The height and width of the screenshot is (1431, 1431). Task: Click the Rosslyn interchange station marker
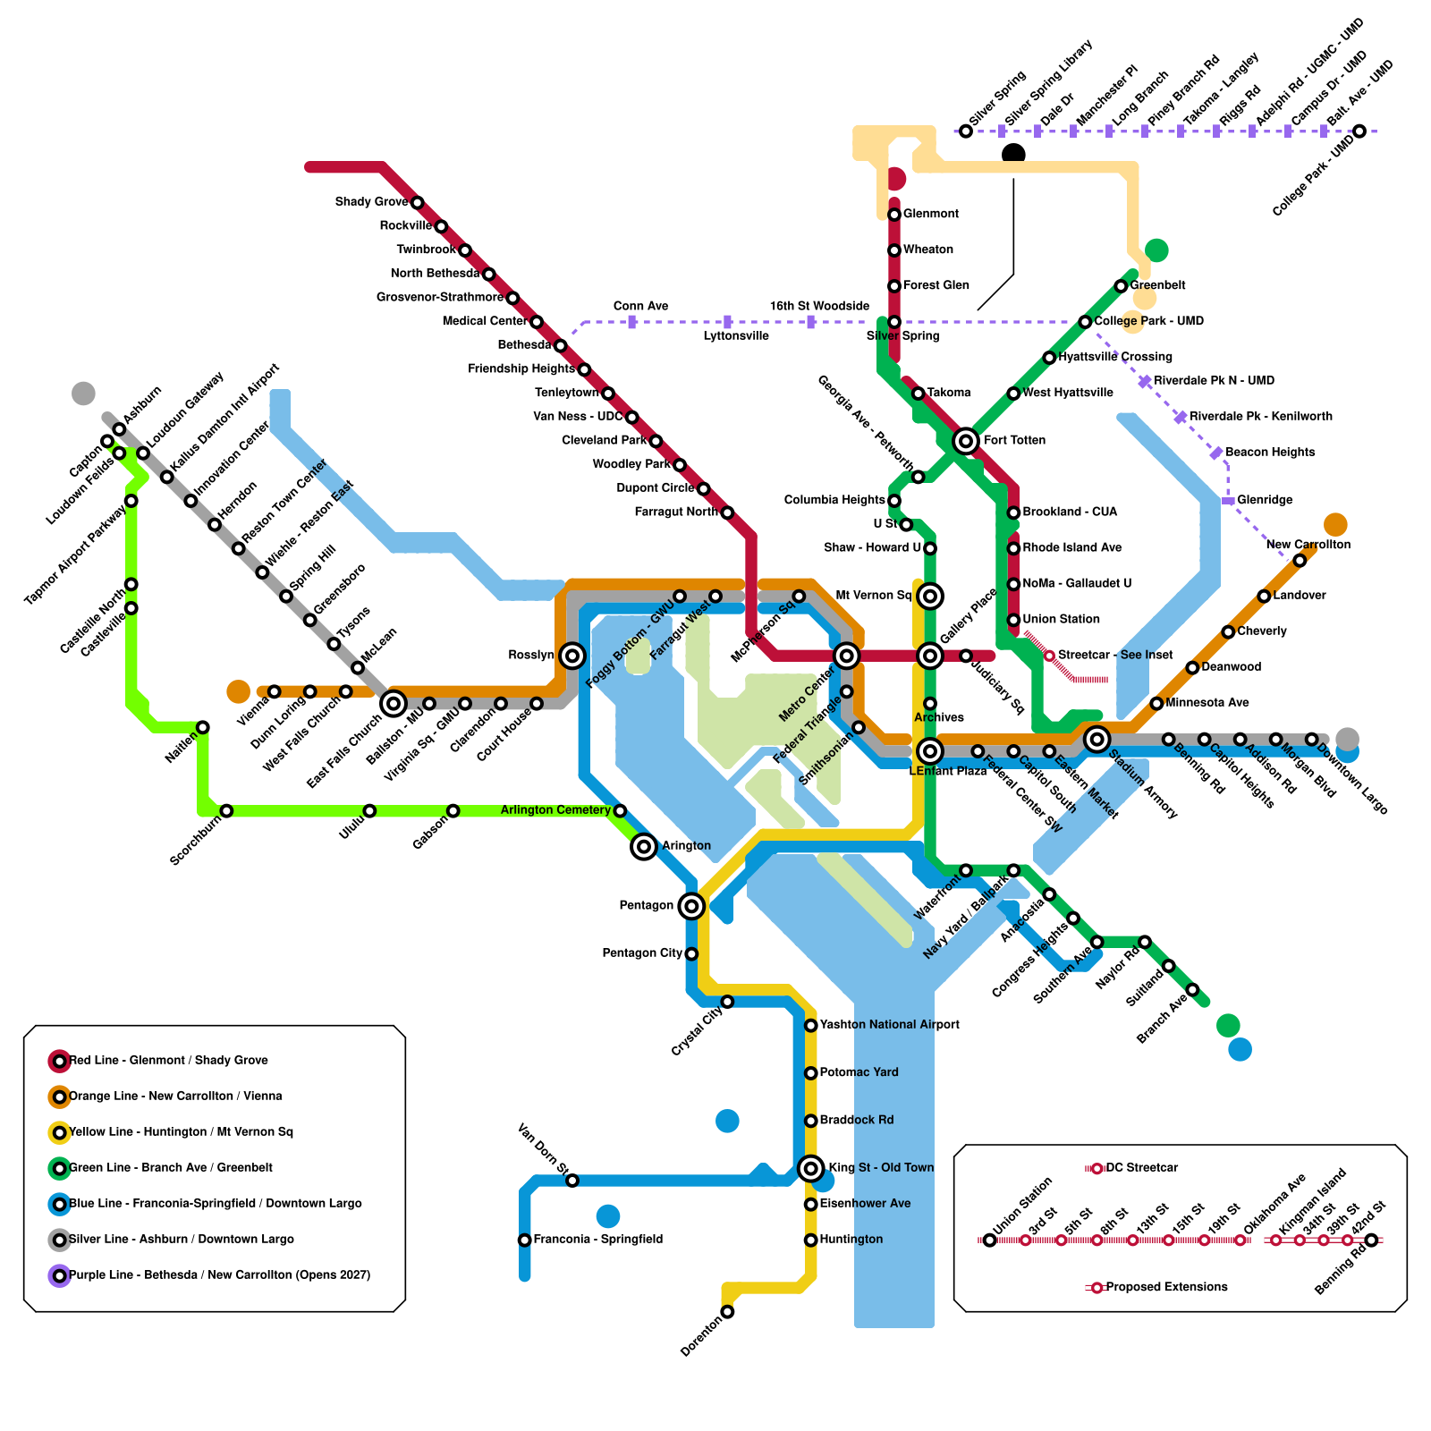(572, 656)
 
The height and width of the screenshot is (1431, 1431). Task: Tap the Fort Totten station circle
(965, 441)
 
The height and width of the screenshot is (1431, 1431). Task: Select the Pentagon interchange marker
(691, 906)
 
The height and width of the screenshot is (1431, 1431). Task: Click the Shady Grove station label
(371, 202)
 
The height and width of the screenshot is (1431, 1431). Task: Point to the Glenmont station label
(930, 214)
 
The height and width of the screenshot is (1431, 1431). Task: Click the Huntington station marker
(810, 1240)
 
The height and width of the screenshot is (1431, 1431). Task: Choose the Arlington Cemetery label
(555, 810)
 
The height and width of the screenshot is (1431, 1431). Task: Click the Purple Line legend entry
(219, 1275)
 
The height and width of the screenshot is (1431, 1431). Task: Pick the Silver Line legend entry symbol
(59, 1240)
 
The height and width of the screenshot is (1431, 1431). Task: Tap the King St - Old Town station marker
(810, 1168)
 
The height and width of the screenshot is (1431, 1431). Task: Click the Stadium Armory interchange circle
(1097, 739)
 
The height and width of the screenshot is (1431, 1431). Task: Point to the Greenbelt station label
(1157, 285)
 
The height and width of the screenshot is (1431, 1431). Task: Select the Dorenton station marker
(727, 1312)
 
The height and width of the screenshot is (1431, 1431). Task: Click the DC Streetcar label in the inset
(1142, 1168)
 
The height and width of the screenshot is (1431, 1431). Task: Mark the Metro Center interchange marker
(846, 656)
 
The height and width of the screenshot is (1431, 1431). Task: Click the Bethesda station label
(524, 345)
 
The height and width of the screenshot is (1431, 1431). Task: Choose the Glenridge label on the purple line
(1265, 500)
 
